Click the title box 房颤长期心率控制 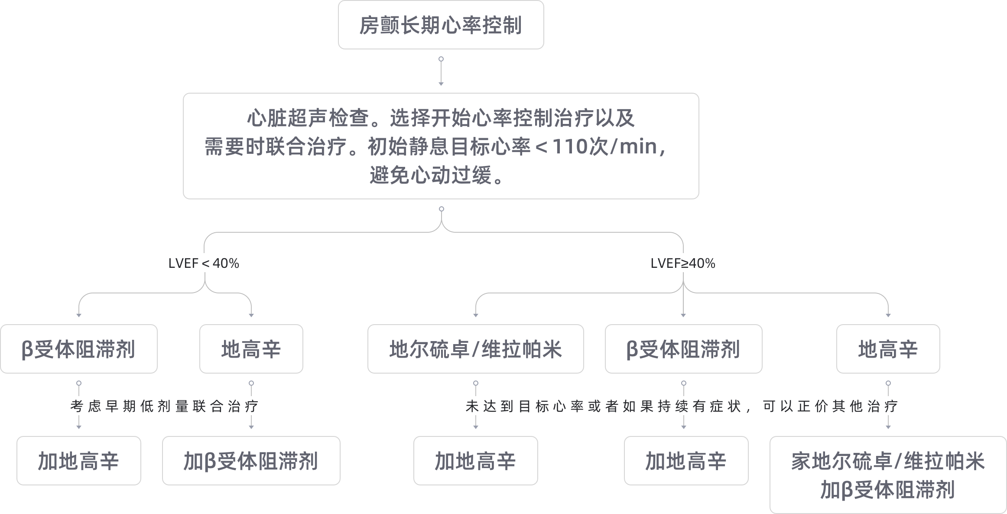[441, 25]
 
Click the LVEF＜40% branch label [204, 264]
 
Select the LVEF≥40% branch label [683, 264]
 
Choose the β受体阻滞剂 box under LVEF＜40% [78, 349]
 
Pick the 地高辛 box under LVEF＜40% [251, 349]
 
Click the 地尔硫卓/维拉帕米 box [475, 349]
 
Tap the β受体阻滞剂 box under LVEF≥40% [683, 349]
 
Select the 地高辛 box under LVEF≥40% [888, 349]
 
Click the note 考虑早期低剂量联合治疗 [164, 406]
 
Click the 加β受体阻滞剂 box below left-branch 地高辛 [251, 461]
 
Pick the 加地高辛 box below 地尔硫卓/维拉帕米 [475, 461]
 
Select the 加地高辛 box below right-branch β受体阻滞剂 [686, 461]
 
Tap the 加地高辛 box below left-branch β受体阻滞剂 [78, 461]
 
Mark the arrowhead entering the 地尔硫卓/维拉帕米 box [475, 315]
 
